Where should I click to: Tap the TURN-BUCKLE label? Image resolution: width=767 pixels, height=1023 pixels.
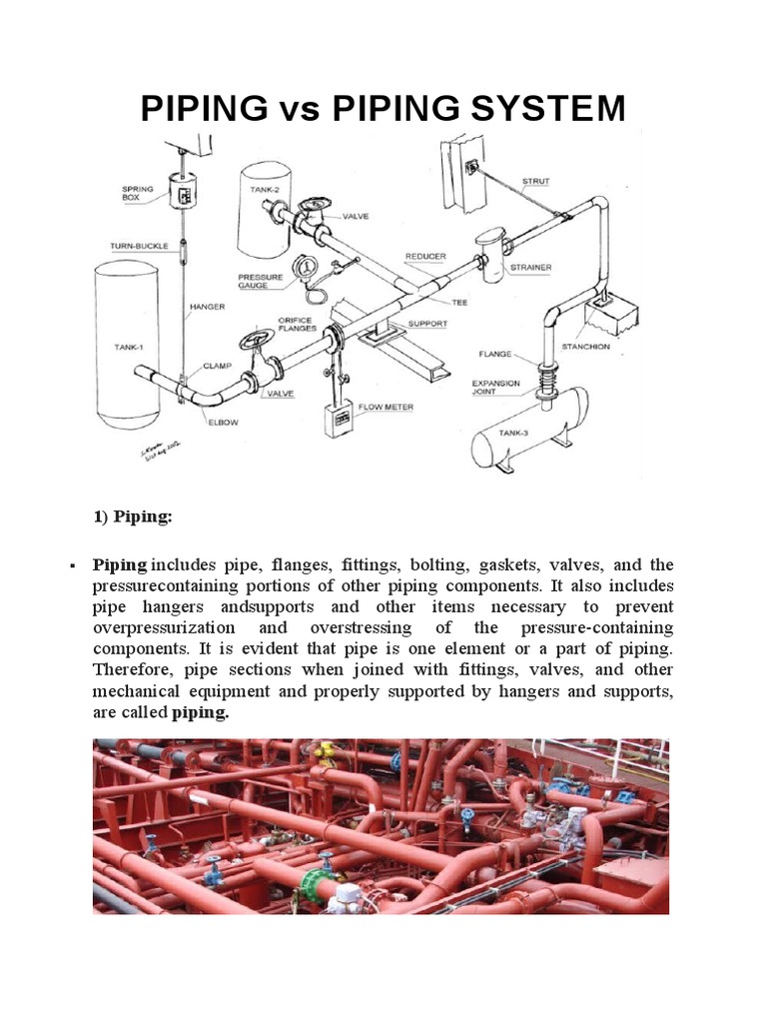(x=137, y=246)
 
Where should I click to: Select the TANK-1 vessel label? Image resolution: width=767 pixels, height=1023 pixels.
(x=128, y=347)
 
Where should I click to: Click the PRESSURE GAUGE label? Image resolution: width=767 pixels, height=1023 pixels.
(x=261, y=283)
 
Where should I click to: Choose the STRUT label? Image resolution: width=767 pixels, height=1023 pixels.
(x=536, y=182)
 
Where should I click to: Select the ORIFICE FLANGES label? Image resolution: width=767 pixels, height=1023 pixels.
(x=297, y=324)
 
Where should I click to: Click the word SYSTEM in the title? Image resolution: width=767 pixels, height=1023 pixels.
(x=548, y=108)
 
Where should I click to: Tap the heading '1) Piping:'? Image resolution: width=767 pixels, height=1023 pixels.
(x=133, y=516)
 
